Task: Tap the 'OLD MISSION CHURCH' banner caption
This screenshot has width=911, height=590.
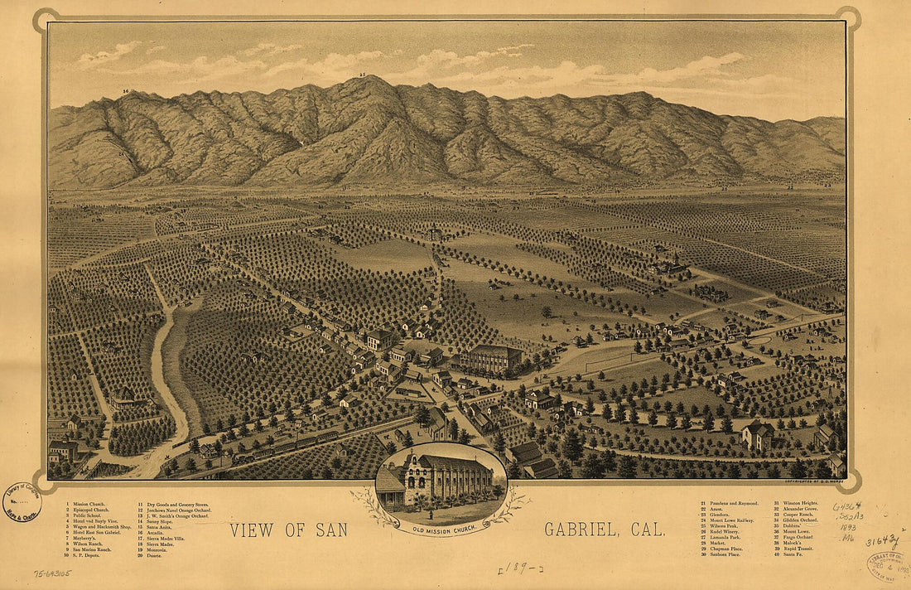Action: coord(441,530)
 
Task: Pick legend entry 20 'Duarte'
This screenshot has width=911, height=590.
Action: coord(152,555)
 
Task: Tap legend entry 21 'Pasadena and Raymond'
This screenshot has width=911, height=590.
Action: coord(729,503)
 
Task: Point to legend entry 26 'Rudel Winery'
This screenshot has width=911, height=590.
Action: coord(724,532)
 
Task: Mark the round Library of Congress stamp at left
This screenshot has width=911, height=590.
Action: coord(22,501)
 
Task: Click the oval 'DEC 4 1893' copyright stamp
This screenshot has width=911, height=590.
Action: coord(887,564)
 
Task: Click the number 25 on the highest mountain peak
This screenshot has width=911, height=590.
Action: coord(363,75)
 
